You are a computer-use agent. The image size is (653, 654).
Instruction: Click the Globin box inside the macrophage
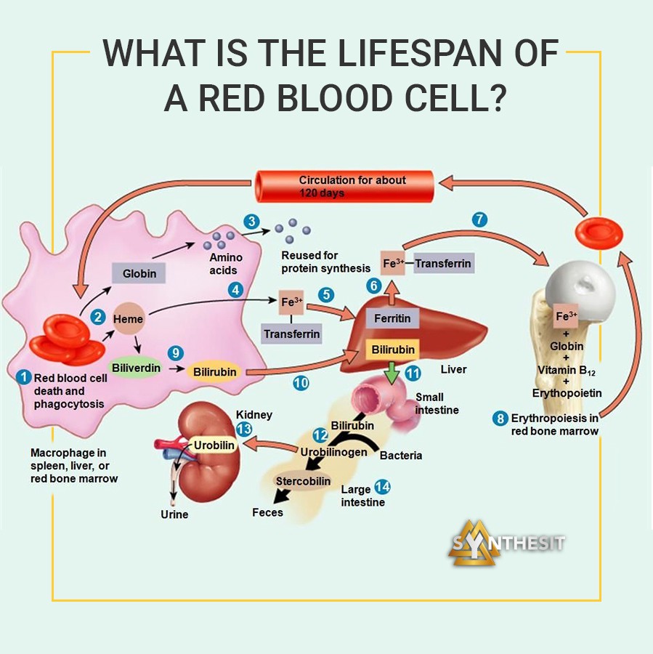(x=139, y=273)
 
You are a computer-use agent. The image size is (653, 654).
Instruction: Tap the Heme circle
(x=129, y=319)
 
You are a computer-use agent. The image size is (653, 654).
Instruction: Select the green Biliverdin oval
(x=137, y=368)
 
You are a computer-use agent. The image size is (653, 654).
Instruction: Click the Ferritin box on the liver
(x=392, y=318)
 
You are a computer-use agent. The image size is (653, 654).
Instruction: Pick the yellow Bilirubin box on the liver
(x=393, y=350)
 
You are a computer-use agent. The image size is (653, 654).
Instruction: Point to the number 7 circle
(x=479, y=219)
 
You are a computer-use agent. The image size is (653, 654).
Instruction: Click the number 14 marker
(x=382, y=487)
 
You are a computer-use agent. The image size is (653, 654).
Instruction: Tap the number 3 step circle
(x=251, y=221)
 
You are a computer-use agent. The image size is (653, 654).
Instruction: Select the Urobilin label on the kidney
(x=214, y=445)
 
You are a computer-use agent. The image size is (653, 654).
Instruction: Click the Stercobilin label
(x=303, y=481)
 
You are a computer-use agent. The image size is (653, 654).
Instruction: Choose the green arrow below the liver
(x=392, y=373)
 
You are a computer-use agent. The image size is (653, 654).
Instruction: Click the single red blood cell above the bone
(x=599, y=233)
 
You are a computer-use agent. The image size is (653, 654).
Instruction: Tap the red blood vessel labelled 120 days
(x=344, y=187)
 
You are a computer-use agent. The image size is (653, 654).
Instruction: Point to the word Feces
(x=267, y=512)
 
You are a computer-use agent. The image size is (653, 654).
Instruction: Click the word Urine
(x=174, y=514)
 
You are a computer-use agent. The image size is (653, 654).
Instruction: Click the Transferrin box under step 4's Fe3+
(x=291, y=334)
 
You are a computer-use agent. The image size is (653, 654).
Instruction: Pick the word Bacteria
(x=401, y=456)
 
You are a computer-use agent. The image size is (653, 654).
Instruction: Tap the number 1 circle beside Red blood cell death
(x=24, y=376)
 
